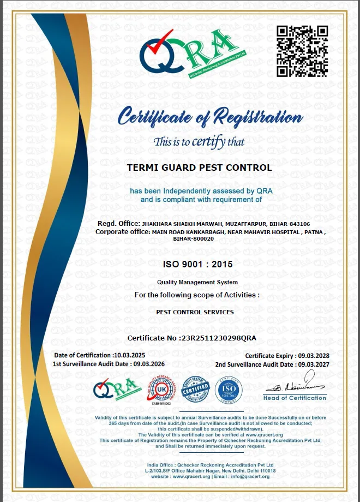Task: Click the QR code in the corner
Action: click(302, 51)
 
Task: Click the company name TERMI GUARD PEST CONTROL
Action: click(199, 168)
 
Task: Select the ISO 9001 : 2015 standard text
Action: click(197, 264)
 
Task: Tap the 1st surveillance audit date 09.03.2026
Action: click(148, 364)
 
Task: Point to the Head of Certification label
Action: click(295, 398)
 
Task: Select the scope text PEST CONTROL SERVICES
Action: click(195, 312)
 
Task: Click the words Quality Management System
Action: click(197, 282)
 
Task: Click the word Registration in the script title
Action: click(258, 117)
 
